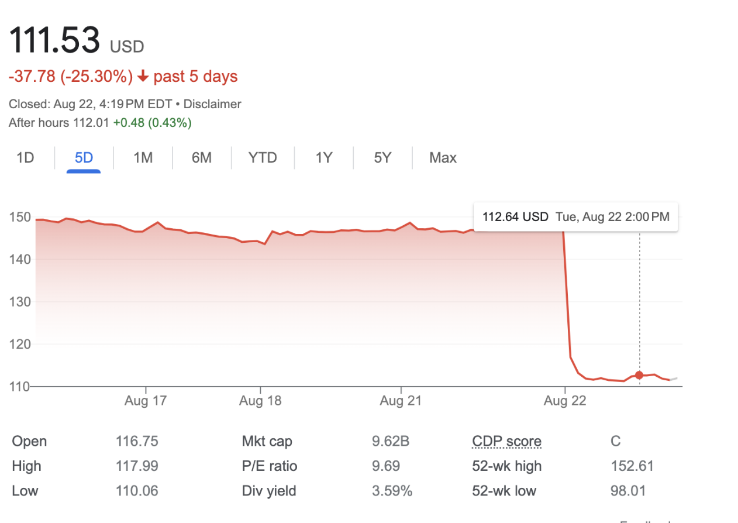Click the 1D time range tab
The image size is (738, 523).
click(x=25, y=158)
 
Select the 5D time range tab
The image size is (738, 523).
click(x=84, y=158)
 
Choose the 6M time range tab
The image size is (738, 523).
click(x=201, y=158)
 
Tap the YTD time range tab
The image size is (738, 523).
click(x=263, y=158)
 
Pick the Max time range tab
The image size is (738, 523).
click(x=443, y=158)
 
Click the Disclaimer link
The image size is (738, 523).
click(x=212, y=104)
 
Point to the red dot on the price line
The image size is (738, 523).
click(x=639, y=376)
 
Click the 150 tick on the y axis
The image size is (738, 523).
click(x=19, y=217)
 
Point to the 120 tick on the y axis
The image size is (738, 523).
click(x=19, y=344)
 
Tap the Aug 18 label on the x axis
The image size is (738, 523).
click(x=260, y=401)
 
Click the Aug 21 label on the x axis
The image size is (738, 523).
click(x=401, y=401)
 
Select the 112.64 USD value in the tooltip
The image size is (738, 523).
click(x=515, y=217)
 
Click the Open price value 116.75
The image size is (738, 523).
click(x=137, y=441)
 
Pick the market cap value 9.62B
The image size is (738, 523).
click(x=391, y=441)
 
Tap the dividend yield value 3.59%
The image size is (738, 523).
click(x=392, y=491)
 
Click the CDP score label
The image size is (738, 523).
click(x=506, y=441)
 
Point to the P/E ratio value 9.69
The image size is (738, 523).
click(x=386, y=466)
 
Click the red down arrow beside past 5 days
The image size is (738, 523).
click(x=143, y=77)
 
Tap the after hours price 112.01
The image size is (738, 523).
click(x=91, y=123)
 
